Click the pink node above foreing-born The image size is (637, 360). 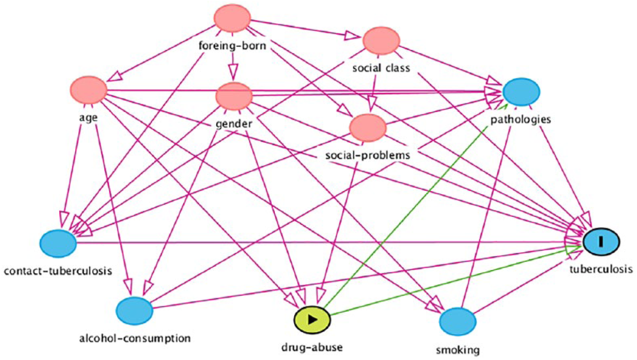click(x=232, y=18)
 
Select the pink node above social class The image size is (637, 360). click(x=381, y=41)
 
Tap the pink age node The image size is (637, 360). click(x=89, y=90)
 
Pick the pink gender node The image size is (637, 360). click(x=234, y=96)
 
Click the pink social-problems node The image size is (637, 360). click(x=368, y=128)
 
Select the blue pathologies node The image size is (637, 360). click(x=521, y=92)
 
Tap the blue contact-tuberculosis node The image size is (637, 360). click(x=58, y=244)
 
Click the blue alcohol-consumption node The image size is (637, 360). click(x=134, y=311)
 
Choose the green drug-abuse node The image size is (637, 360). click(x=312, y=320)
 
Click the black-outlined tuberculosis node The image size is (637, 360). click(x=601, y=242)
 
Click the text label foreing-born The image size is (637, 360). click(x=232, y=45)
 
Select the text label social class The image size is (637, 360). click(x=381, y=68)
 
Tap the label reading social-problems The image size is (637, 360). click(x=368, y=155)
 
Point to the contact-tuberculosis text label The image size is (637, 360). click(x=58, y=271)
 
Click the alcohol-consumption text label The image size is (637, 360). click(x=135, y=338)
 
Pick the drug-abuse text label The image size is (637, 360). click(x=312, y=348)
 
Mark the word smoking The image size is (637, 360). click(x=458, y=350)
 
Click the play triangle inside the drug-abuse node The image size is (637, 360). click(x=313, y=320)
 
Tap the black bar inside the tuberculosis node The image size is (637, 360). click(x=601, y=242)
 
